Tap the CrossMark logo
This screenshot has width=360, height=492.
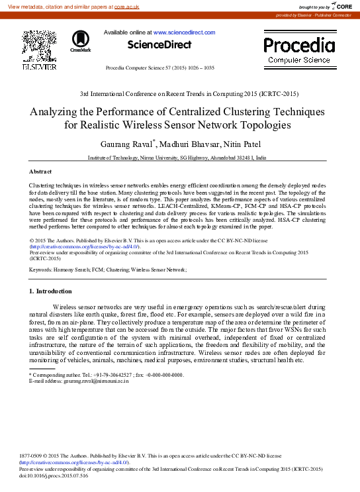click(81, 41)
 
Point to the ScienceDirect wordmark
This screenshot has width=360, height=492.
click(159, 45)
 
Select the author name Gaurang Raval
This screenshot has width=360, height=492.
click(126, 144)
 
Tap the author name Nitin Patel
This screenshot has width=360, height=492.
click(244, 144)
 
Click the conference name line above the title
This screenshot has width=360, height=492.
click(179, 95)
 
